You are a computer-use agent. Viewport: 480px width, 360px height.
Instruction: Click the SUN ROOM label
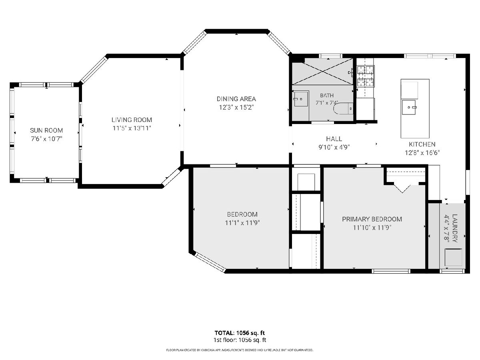click(46, 130)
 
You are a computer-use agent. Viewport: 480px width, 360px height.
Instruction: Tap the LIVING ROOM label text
click(132, 120)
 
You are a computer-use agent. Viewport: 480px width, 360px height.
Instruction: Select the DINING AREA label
click(236, 99)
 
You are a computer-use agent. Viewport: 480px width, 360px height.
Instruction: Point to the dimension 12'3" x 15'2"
click(236, 107)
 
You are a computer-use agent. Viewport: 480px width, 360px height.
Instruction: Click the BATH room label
click(327, 95)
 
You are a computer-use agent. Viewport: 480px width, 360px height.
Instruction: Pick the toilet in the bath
click(343, 108)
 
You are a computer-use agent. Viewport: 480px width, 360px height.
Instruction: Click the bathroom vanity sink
click(301, 99)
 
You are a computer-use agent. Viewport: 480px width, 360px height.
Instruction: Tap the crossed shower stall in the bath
click(323, 71)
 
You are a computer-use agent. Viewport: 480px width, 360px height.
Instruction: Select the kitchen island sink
click(409, 107)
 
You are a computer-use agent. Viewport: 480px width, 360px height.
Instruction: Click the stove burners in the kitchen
click(366, 76)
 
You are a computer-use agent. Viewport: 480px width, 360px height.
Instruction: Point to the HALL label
click(334, 139)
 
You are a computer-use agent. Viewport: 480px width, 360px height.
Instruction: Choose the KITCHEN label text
click(422, 144)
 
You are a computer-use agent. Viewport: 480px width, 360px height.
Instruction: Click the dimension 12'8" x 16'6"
click(422, 152)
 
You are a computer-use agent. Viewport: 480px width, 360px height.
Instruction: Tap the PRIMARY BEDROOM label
click(372, 219)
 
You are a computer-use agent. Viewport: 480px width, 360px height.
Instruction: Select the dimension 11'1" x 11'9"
click(242, 223)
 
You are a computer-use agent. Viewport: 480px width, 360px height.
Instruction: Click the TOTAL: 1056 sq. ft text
click(240, 333)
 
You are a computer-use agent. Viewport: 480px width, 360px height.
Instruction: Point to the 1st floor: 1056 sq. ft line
click(240, 340)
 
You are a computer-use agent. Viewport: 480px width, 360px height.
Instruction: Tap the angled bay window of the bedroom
click(210, 262)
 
